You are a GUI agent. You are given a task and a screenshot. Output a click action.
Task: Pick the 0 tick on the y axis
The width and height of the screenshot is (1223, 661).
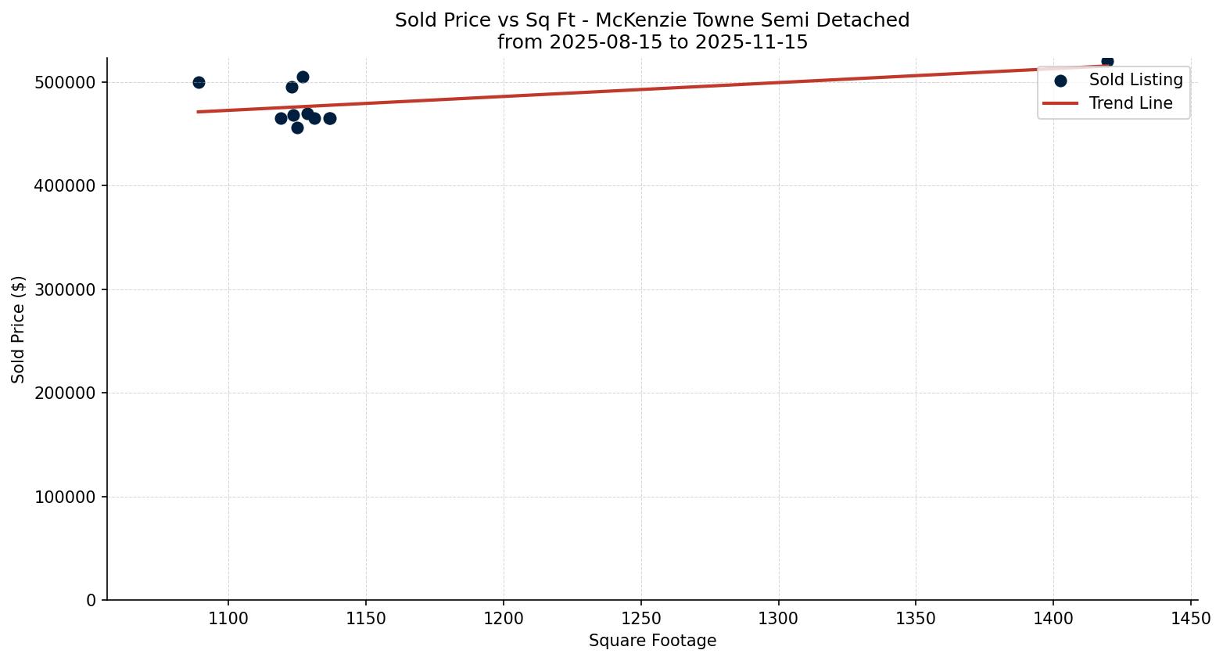pyautogui.click(x=91, y=601)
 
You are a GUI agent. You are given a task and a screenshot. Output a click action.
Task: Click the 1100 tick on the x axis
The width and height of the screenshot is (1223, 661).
pyautogui.click(x=228, y=618)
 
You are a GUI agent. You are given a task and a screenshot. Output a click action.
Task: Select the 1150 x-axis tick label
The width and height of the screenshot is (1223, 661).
pyautogui.click(x=366, y=618)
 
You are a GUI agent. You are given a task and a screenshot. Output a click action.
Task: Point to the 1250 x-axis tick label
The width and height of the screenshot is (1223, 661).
pyautogui.click(x=641, y=618)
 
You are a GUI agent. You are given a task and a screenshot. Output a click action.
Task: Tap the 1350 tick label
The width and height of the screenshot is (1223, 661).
pyautogui.click(x=916, y=618)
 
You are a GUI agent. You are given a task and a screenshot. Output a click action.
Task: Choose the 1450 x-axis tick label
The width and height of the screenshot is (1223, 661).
pyautogui.click(x=1191, y=618)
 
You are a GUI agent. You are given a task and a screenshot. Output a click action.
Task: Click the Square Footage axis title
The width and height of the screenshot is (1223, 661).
pyautogui.click(x=652, y=641)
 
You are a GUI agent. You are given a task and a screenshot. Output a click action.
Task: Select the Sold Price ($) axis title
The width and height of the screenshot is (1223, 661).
pyautogui.click(x=19, y=329)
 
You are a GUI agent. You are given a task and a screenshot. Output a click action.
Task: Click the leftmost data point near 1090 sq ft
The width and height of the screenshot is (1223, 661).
pyautogui.click(x=199, y=82)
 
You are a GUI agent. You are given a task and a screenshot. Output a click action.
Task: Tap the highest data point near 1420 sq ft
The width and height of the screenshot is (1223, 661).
pyautogui.click(x=1107, y=61)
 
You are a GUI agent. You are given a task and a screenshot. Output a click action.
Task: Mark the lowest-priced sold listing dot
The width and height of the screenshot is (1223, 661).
pyautogui.click(x=297, y=128)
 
